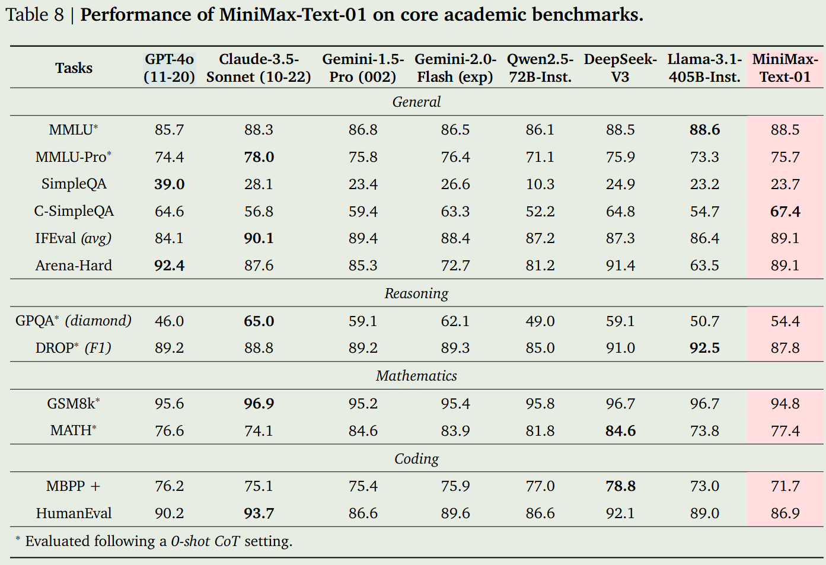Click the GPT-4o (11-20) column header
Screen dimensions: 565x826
[169, 68]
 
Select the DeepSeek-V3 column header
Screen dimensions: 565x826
[620, 68]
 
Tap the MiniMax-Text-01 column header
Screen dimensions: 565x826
[784, 68]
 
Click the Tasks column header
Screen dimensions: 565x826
[74, 68]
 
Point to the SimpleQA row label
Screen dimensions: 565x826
[74, 184]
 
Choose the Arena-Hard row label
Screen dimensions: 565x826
[74, 266]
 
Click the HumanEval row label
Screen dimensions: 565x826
[74, 513]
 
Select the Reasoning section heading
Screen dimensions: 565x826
[416, 293]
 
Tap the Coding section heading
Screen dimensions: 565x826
[416, 459]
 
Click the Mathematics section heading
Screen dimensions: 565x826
[416, 376]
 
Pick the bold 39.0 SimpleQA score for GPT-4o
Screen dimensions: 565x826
[169, 184]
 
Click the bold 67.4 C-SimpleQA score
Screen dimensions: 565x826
[784, 212]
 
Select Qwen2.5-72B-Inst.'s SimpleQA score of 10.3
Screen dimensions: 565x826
[540, 184]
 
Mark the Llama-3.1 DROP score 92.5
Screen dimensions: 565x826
[704, 348]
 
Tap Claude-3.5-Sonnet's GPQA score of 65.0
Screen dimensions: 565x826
[259, 321]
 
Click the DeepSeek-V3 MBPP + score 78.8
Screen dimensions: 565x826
[620, 486]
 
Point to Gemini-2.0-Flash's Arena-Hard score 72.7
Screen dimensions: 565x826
[455, 266]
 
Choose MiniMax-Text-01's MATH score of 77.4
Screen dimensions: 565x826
[784, 431]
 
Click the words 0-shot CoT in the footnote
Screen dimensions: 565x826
[205, 541]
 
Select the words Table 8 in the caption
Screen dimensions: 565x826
[34, 14]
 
